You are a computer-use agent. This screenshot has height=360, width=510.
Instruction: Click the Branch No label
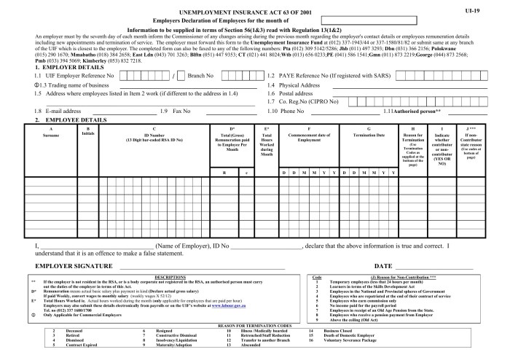pos(201,75)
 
